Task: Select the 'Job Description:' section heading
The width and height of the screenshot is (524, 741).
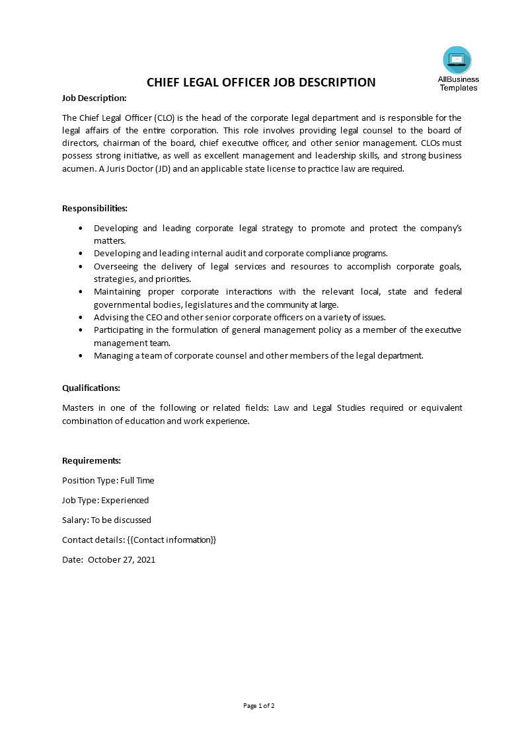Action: (94, 98)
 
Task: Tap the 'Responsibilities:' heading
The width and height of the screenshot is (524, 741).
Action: (94, 208)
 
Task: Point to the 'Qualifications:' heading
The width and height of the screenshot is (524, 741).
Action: (91, 388)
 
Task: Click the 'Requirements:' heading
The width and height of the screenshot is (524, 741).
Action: (91, 460)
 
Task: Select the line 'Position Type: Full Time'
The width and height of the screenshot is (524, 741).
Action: (108, 480)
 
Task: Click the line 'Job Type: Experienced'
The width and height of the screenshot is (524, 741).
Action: (105, 500)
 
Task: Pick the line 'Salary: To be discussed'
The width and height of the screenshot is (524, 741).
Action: (106, 520)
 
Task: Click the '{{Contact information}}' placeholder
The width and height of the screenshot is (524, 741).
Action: (171, 540)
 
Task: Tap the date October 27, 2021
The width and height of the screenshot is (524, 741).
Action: (122, 559)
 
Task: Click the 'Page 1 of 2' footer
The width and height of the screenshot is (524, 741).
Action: (259, 705)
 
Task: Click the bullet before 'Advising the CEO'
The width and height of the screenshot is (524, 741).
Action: (81, 317)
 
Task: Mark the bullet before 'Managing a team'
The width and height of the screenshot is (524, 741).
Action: (81, 355)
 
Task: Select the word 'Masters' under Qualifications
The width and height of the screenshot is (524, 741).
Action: (78, 407)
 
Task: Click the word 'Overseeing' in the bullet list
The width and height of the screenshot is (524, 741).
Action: (116, 266)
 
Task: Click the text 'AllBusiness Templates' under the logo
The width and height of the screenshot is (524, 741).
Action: (459, 83)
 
